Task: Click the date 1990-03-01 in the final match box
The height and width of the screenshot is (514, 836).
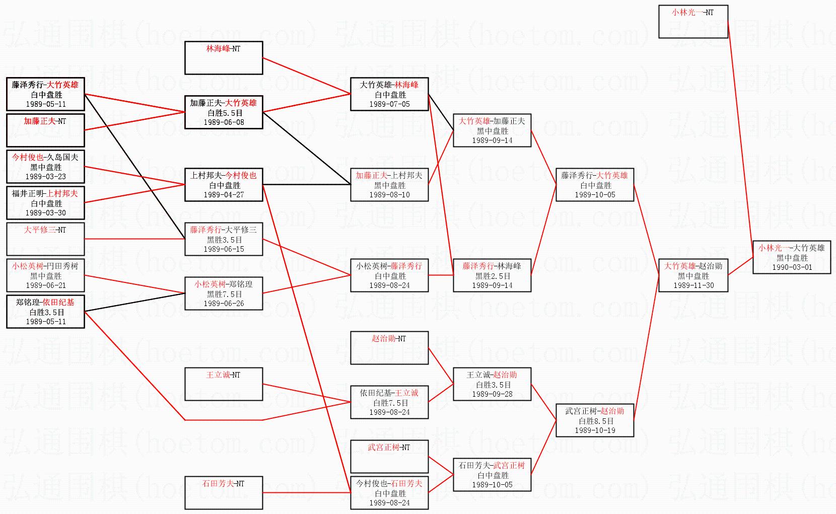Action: pyautogui.click(x=792, y=267)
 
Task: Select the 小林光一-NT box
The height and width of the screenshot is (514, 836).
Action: pyautogui.click(x=693, y=22)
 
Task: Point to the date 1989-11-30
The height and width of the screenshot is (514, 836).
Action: pyautogui.click(x=693, y=285)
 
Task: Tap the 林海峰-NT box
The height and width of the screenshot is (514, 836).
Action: pyautogui.click(x=224, y=58)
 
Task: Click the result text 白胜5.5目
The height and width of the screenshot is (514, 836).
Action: pyautogui.click(x=224, y=113)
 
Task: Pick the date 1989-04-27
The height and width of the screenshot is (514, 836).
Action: pyautogui.click(x=224, y=195)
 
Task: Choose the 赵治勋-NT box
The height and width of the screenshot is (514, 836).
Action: pyautogui.click(x=389, y=348)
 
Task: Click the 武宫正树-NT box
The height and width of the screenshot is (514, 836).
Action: pyautogui.click(x=389, y=457)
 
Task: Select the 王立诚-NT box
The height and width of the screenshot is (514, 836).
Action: pyautogui.click(x=224, y=384)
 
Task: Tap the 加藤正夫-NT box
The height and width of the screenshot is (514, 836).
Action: pyautogui.click(x=45, y=130)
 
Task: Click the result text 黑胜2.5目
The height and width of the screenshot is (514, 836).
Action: pyautogui.click(x=492, y=276)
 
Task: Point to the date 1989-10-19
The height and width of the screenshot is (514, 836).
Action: pyautogui.click(x=595, y=430)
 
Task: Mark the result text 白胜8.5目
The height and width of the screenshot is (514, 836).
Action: pyautogui.click(x=595, y=421)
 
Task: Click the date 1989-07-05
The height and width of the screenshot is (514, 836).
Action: pyautogui.click(x=389, y=104)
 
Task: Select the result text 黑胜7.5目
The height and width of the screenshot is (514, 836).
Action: pyautogui.click(x=224, y=295)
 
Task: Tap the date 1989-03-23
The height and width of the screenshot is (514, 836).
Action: pyautogui.click(x=45, y=177)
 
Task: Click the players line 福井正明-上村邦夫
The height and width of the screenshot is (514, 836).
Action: pyautogui.click(x=45, y=194)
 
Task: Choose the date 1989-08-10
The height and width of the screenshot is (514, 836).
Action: pyautogui.click(x=389, y=195)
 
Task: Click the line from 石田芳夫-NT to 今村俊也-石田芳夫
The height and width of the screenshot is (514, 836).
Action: pyautogui.click(x=306, y=493)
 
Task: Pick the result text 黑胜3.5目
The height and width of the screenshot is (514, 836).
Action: pyautogui.click(x=224, y=240)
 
